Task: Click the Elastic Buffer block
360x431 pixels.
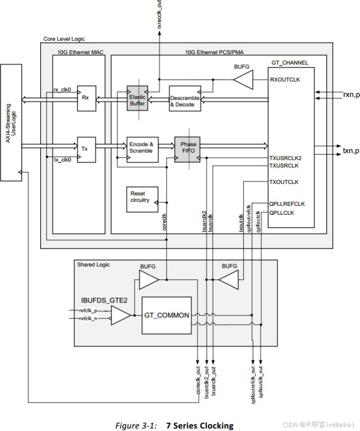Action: (136, 98)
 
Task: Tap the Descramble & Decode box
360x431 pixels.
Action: (184, 101)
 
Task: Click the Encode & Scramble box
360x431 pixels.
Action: (142, 148)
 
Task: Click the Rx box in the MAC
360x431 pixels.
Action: (86, 98)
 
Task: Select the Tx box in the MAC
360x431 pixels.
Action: (86, 148)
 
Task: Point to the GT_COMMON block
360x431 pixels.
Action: (167, 315)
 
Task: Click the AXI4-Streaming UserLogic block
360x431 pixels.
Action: (11, 122)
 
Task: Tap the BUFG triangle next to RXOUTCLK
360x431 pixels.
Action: (243, 79)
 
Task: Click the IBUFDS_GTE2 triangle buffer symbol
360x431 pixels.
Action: (120, 315)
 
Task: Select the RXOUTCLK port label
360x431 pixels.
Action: (285, 79)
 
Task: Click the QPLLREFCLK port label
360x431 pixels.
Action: (287, 203)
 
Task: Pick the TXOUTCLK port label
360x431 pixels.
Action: (284, 182)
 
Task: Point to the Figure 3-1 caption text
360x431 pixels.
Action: (174, 425)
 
